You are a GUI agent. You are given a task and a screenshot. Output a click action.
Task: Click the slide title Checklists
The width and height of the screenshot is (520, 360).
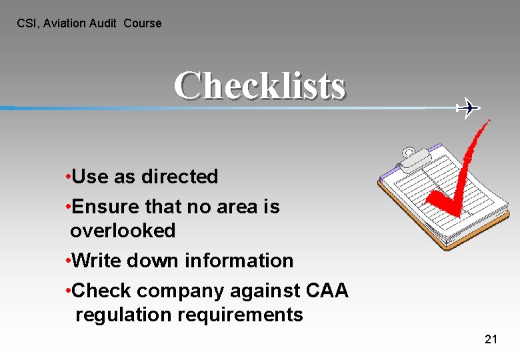(260, 85)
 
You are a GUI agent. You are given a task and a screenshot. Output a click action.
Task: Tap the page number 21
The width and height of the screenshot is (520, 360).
(491, 339)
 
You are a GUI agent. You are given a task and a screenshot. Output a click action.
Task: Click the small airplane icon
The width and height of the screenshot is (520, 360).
(468, 107)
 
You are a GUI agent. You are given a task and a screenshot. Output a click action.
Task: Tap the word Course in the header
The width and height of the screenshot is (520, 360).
(143, 23)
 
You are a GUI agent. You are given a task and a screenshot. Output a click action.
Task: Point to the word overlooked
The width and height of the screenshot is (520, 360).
(123, 231)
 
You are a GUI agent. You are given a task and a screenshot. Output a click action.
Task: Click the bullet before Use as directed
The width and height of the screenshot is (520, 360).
(69, 177)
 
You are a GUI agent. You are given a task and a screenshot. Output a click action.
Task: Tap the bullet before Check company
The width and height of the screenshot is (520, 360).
(69, 291)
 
